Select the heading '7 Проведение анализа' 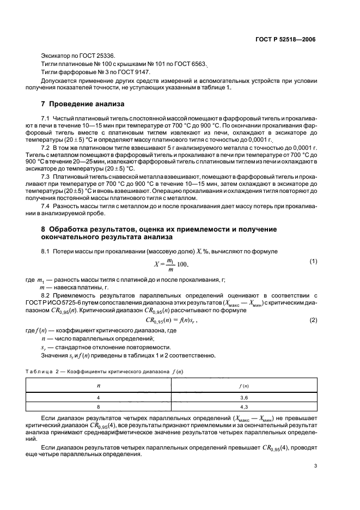tap(83, 104)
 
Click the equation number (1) tap(313, 262)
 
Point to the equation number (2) tap(313, 320)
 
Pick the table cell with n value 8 tap(99, 406)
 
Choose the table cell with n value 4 tap(99, 398)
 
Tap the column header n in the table tap(99, 386)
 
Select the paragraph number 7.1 tap(45, 118)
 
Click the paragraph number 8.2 tap(45, 293)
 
